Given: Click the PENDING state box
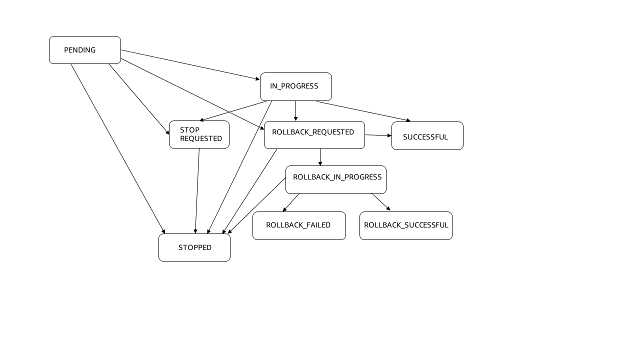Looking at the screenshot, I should pos(85,50).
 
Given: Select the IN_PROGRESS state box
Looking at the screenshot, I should pos(295,86).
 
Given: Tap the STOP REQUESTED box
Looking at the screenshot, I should pos(199,134).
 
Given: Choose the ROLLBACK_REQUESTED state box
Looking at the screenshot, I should pos(314,135).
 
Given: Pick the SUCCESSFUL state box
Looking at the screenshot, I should pos(427,136).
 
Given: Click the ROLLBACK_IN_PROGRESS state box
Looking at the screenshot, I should pos(335,179).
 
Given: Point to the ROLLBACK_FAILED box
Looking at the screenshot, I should pos(299,226).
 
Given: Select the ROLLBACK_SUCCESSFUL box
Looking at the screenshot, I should pos(405,226).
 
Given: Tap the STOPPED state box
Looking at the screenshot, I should pos(194,247).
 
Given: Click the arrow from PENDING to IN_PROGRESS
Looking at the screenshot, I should pos(190,64).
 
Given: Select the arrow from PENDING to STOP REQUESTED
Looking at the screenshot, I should pos(139,99).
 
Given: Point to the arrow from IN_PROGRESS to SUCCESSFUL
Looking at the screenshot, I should pos(363,111).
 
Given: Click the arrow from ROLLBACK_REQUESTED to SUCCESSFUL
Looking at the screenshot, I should pos(378,135).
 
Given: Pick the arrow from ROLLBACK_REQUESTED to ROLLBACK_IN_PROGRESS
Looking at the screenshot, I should pos(320,157).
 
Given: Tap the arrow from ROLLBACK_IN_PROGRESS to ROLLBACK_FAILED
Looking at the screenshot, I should pos(291,202).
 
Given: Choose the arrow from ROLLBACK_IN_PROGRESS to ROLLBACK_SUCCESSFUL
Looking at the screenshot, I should pos(380,201).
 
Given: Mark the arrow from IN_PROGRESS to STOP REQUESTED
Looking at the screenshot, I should pos(233,111).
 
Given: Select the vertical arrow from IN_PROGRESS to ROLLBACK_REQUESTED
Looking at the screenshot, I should pos(295,110).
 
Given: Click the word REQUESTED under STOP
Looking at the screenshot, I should pos(201,139).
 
